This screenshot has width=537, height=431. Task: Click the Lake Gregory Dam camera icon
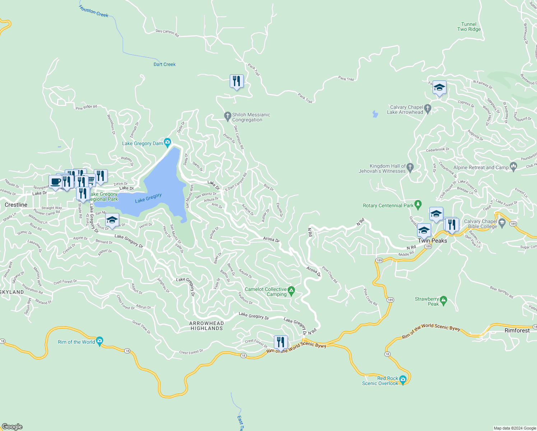click(x=167, y=143)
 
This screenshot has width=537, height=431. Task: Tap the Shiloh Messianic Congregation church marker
click(x=227, y=116)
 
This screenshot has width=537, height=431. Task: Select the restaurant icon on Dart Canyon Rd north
click(x=237, y=82)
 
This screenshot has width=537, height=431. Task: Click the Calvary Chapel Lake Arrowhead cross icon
click(x=427, y=108)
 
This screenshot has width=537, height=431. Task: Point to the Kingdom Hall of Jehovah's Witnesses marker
click(x=410, y=167)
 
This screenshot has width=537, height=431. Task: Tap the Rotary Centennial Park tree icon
click(x=417, y=205)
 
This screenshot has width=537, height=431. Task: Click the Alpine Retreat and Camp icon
click(x=513, y=167)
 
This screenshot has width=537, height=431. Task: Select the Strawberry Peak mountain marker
click(x=443, y=300)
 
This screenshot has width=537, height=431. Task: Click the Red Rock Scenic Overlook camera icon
click(x=403, y=380)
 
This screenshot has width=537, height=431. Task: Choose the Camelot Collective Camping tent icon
click(x=291, y=291)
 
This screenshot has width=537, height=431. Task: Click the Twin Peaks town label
click(x=432, y=241)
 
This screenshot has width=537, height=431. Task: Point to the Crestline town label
click(x=16, y=205)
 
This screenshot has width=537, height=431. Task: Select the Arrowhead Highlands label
click(x=206, y=326)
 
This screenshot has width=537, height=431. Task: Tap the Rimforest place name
click(x=517, y=330)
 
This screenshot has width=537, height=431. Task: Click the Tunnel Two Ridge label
click(x=469, y=27)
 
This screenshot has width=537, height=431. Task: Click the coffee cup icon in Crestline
click(x=55, y=182)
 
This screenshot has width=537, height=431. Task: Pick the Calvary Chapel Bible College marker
click(x=502, y=223)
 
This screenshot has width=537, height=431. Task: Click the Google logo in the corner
click(x=12, y=426)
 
